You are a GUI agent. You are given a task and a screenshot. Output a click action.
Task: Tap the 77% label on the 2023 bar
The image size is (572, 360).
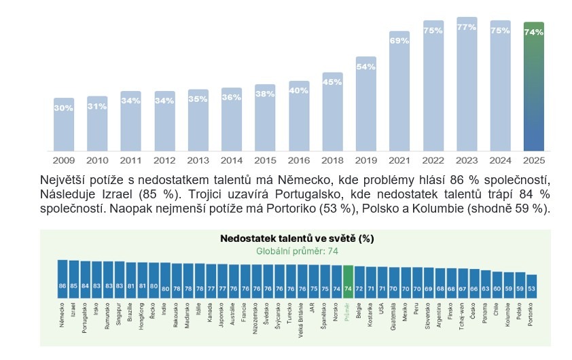click(466, 28)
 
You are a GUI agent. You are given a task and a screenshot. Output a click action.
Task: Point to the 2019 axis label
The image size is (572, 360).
click(365, 161)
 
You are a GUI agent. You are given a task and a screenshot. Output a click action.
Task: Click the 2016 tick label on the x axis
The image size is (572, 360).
click(298, 161)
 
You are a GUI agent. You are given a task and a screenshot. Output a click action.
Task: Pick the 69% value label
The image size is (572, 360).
click(399, 41)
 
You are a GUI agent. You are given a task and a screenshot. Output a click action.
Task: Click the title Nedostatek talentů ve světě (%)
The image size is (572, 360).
click(297, 239)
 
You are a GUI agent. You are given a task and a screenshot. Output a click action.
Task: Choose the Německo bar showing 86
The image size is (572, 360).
click(62, 279)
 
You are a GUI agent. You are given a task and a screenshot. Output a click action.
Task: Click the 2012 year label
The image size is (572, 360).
click(164, 161)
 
